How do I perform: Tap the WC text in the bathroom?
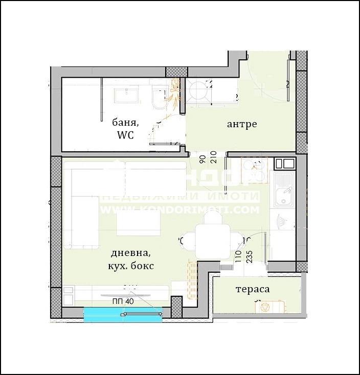click(125, 135)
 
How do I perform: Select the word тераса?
click(252, 289)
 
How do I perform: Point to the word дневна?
click(130, 253)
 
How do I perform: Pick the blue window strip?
click(123, 315)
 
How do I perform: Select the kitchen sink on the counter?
click(283, 195)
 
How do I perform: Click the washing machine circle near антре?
click(196, 92)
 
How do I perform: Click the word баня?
click(125, 122)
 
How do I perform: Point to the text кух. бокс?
click(131, 266)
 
